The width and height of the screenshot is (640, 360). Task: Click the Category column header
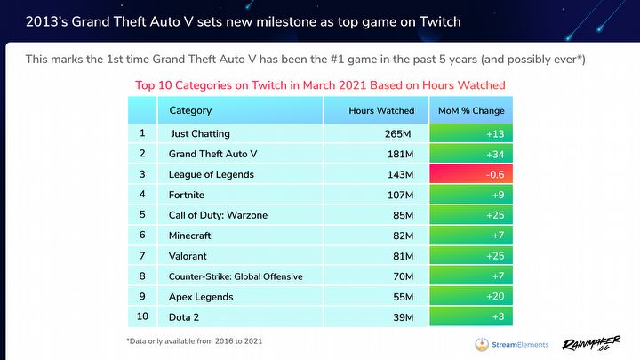pyautogui.click(x=190, y=111)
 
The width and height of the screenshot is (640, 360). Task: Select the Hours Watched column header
pyautogui.click(x=381, y=111)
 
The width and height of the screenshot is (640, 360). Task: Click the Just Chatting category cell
pyautogui.click(x=200, y=133)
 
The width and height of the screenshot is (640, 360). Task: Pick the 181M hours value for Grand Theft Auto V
pyautogui.click(x=399, y=154)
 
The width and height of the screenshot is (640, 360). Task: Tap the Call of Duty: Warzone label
pyautogui.click(x=218, y=215)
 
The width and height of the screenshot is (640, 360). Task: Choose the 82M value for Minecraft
pyautogui.click(x=401, y=236)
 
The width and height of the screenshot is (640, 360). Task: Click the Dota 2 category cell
pyautogui.click(x=185, y=317)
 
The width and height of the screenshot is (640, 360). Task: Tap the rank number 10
pyautogui.click(x=142, y=317)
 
